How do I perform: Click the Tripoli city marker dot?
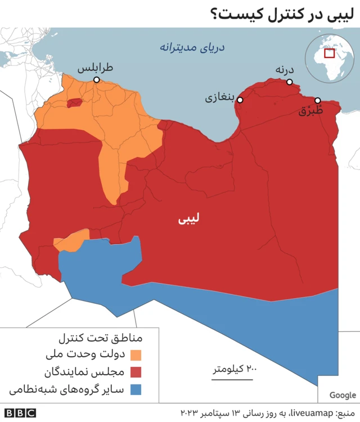point(97,80)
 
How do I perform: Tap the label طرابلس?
point(95,68)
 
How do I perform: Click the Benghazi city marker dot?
point(240,100)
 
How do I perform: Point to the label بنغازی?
point(219,98)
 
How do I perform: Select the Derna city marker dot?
point(290,82)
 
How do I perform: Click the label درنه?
point(285,69)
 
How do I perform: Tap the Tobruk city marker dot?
point(318,100)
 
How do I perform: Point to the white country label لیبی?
point(188,218)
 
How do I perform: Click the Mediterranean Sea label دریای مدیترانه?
point(192,47)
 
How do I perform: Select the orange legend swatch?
point(136,356)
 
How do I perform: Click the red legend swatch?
point(136,372)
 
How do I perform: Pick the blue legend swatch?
point(136,389)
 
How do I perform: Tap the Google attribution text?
point(343,395)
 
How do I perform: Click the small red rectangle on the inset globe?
point(329,53)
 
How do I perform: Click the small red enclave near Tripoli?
point(74,103)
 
